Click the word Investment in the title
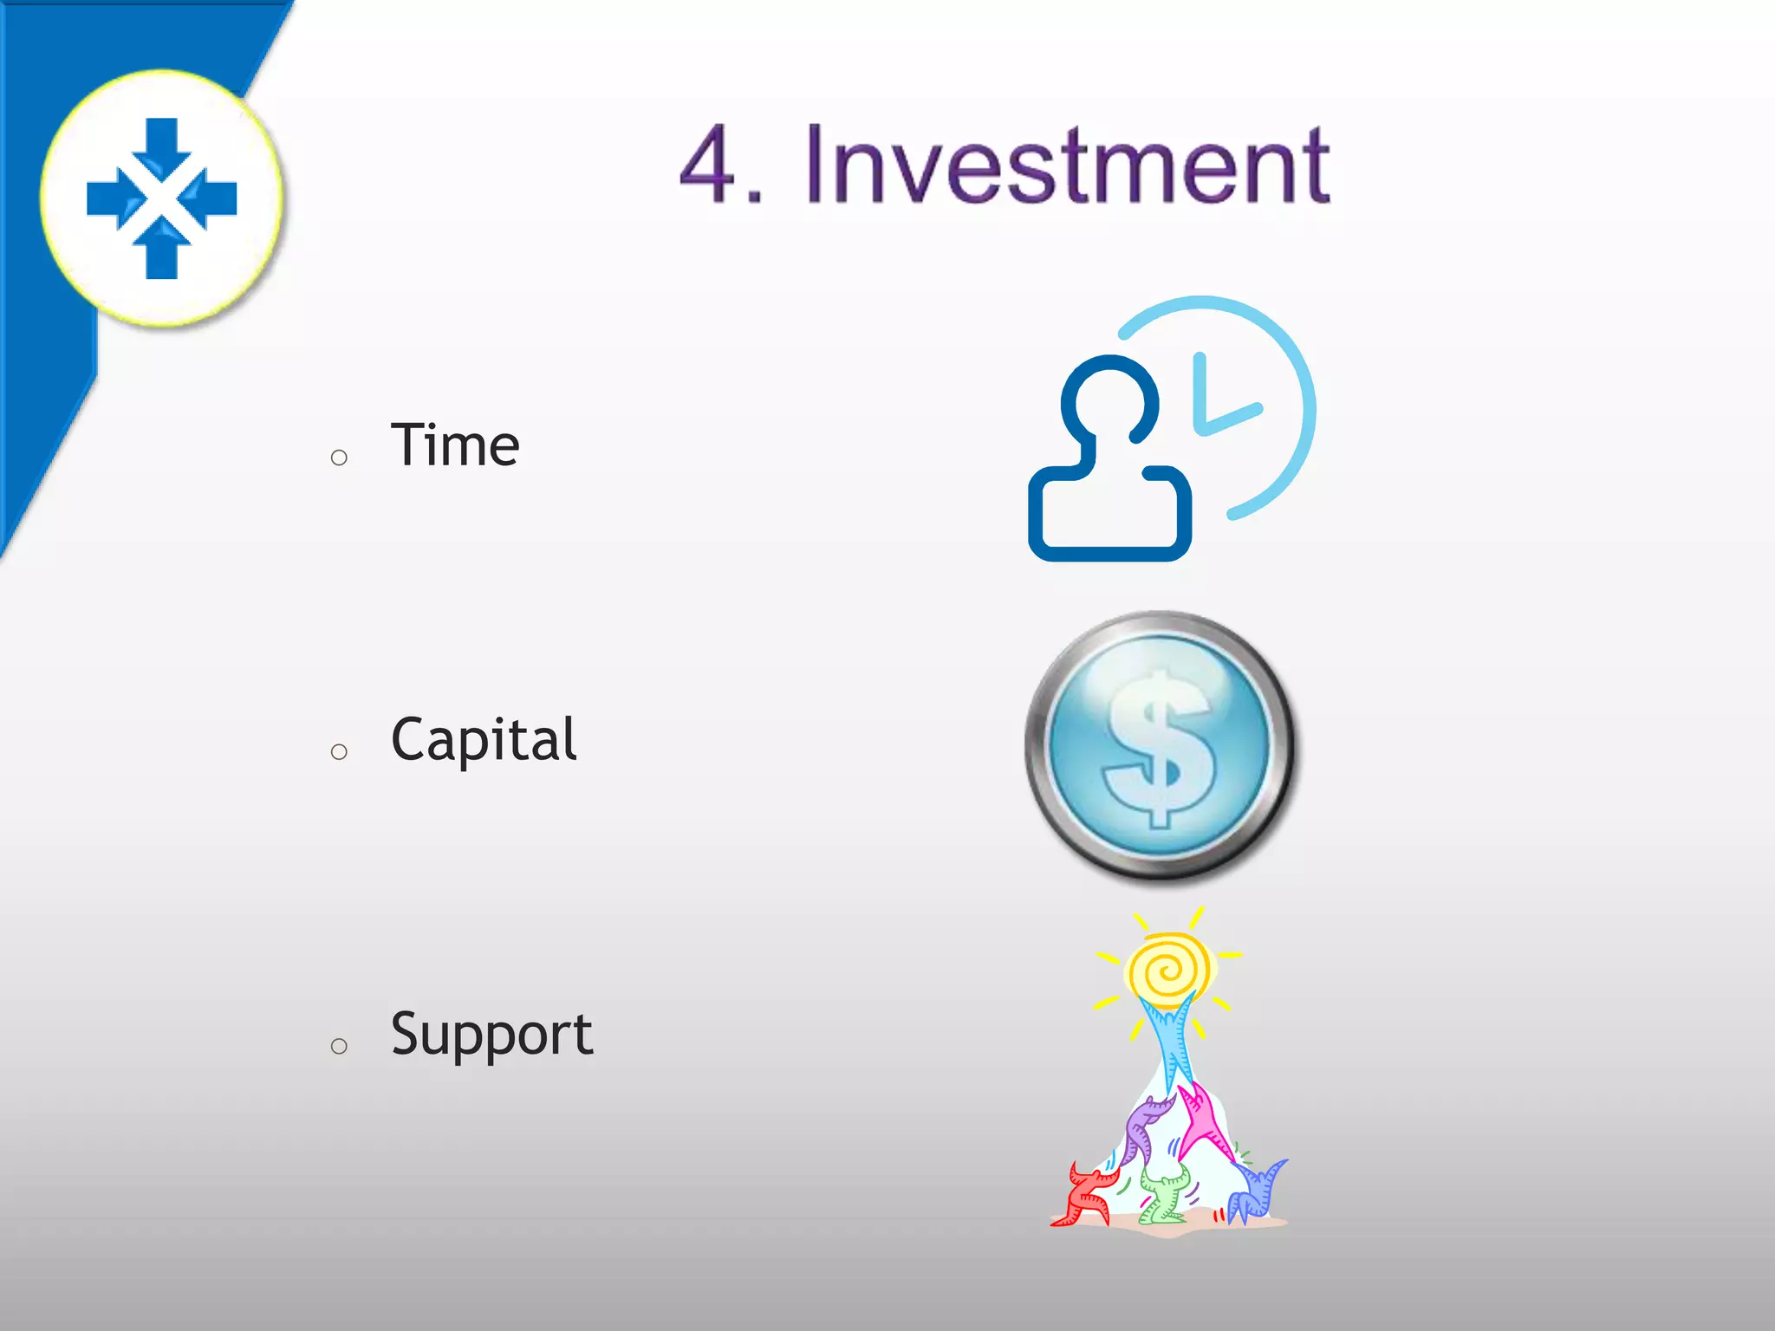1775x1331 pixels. (1067, 165)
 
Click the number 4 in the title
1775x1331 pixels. (709, 165)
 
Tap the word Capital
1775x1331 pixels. (484, 740)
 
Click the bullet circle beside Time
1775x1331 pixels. (339, 458)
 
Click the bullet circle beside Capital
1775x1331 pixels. (339, 752)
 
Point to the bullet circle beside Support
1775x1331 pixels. (339, 1047)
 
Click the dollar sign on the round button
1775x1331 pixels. (1160, 747)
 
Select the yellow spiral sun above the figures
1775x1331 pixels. (1169, 970)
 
